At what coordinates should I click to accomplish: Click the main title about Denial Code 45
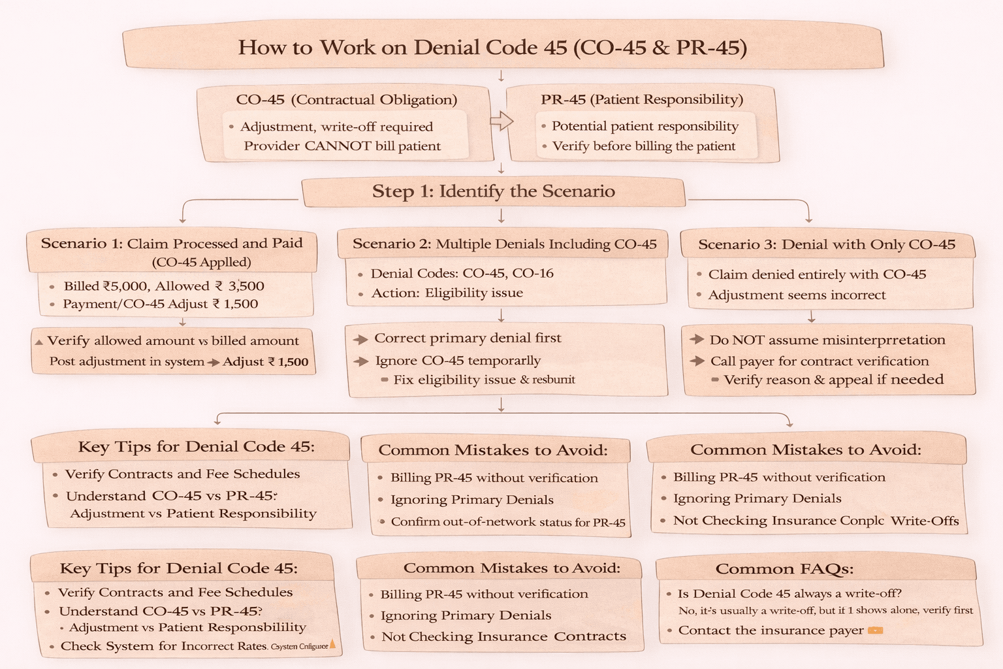[492, 48]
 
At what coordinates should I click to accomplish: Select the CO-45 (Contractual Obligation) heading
[346, 99]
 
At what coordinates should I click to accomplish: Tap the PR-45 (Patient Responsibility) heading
[642, 99]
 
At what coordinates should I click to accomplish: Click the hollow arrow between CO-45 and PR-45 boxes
[501, 121]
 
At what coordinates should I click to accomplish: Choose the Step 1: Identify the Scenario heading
[493, 191]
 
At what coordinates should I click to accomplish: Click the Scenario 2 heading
[504, 244]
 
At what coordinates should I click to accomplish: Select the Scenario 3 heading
[826, 245]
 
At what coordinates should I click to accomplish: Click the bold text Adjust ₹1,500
[265, 362]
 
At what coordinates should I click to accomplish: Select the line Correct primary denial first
[467, 338]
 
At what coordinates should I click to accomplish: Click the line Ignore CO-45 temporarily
[457, 361]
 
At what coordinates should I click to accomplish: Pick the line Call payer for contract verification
[819, 361]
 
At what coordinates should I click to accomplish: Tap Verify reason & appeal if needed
[833, 380]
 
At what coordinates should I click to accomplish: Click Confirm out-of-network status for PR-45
[507, 522]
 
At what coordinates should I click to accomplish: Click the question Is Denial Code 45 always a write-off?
[789, 594]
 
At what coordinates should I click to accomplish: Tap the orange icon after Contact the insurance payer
[874, 630]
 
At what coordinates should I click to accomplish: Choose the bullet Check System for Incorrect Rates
[163, 646]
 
